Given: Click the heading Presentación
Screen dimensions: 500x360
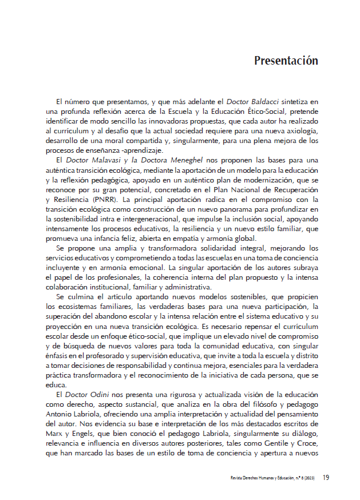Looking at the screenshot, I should tap(286, 60).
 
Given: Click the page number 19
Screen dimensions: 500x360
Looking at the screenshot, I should tap(326, 477).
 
